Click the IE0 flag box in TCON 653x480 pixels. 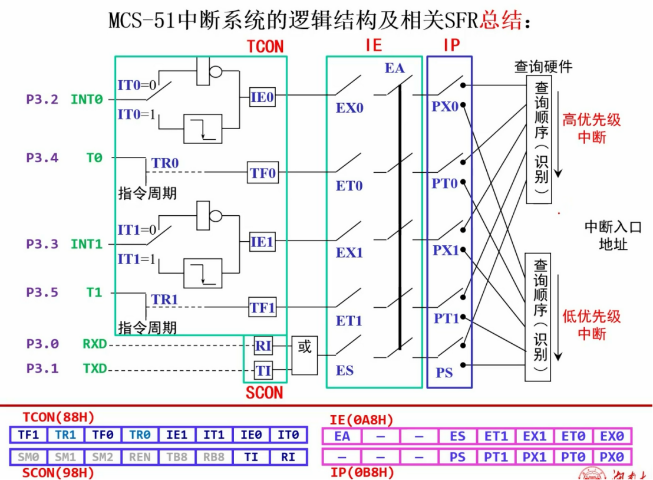pos(262,97)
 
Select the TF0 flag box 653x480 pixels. pos(263,173)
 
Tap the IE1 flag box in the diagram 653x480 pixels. pos(262,242)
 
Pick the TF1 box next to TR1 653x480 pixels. pos(263,307)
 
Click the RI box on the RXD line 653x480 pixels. pos(263,346)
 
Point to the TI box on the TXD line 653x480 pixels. pos(263,371)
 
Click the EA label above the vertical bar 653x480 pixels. pos(395,68)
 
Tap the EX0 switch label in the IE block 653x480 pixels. pos(349,109)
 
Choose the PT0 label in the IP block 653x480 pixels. pos(445,184)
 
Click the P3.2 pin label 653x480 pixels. pos(42,100)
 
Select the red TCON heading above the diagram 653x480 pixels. pos(265,47)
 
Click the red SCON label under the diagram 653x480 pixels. pos(264,393)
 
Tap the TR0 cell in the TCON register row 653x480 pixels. pos(140,435)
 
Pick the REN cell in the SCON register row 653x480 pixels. pos(140,456)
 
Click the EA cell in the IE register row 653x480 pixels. pos(342,436)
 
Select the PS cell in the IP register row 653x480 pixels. pos(457,457)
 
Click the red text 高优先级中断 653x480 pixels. pos(592,129)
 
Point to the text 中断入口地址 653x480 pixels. pos(613,235)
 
